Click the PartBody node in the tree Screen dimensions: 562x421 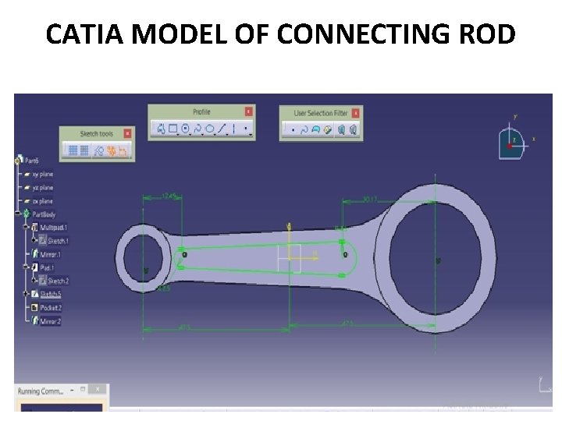(44, 214)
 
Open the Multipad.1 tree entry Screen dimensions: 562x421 (52, 227)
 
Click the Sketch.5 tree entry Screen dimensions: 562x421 (50, 294)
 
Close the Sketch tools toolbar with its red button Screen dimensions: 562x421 (127, 133)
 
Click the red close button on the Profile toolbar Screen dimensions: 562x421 (248, 111)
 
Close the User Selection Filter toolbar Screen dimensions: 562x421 (357, 113)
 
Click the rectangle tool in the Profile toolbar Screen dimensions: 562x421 (173, 129)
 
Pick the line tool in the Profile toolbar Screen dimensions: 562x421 (222, 129)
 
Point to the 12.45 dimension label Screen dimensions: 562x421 (168, 195)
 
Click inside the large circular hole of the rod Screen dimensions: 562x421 (437, 259)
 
